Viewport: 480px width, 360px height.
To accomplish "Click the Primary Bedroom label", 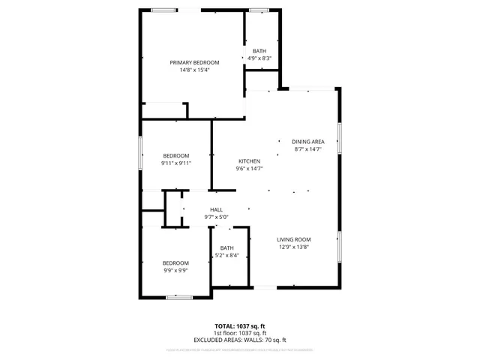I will pos(194,62).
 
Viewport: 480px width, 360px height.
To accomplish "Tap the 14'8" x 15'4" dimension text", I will pos(194,70).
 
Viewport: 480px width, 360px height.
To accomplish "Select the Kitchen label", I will pos(249,161).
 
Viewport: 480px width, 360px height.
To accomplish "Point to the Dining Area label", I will pos(307,142).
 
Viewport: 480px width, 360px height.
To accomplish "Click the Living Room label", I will pos(294,239).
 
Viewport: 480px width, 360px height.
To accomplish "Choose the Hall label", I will pos(216,210).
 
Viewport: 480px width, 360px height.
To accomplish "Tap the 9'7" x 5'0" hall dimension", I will pos(216,217).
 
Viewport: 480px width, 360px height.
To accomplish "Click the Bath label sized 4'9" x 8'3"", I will pos(259,50).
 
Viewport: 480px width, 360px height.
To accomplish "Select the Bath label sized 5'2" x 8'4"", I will pos(226,248).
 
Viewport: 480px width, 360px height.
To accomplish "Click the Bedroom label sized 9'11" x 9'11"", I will pos(176,155).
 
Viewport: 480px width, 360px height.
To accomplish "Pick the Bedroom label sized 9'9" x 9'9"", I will pos(176,263).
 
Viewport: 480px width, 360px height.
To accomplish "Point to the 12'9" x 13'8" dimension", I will pos(294,247).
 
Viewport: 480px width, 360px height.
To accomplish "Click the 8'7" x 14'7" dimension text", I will pos(307,149).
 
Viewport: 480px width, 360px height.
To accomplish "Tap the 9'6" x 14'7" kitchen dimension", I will pos(249,169).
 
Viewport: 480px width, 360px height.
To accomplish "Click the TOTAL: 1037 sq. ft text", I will pos(240,326).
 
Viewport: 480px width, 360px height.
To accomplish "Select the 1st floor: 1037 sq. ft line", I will pos(240,333).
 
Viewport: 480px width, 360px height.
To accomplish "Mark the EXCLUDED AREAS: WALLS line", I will pos(240,340).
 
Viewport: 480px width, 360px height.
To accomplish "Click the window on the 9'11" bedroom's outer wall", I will pos(141,153).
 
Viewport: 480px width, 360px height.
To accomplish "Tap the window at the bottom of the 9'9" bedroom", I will pos(178,298).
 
